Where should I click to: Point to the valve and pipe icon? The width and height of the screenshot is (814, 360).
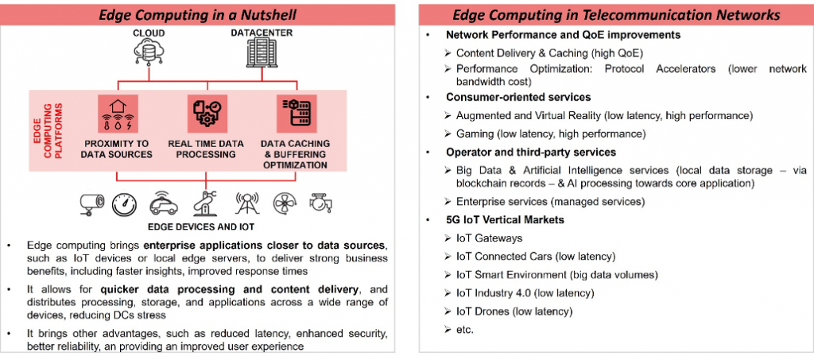click(320, 203)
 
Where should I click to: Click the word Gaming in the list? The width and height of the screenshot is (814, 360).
click(475, 134)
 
